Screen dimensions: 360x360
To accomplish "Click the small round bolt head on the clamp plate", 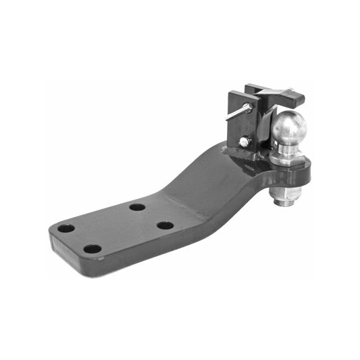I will [x=245, y=140].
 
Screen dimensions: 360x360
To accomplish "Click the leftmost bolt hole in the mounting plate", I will [x=66, y=228].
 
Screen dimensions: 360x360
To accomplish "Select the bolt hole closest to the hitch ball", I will [x=165, y=225].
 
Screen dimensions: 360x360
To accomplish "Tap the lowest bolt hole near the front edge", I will [x=92, y=250].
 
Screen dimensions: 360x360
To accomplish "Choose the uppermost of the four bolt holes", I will [x=137, y=207].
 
